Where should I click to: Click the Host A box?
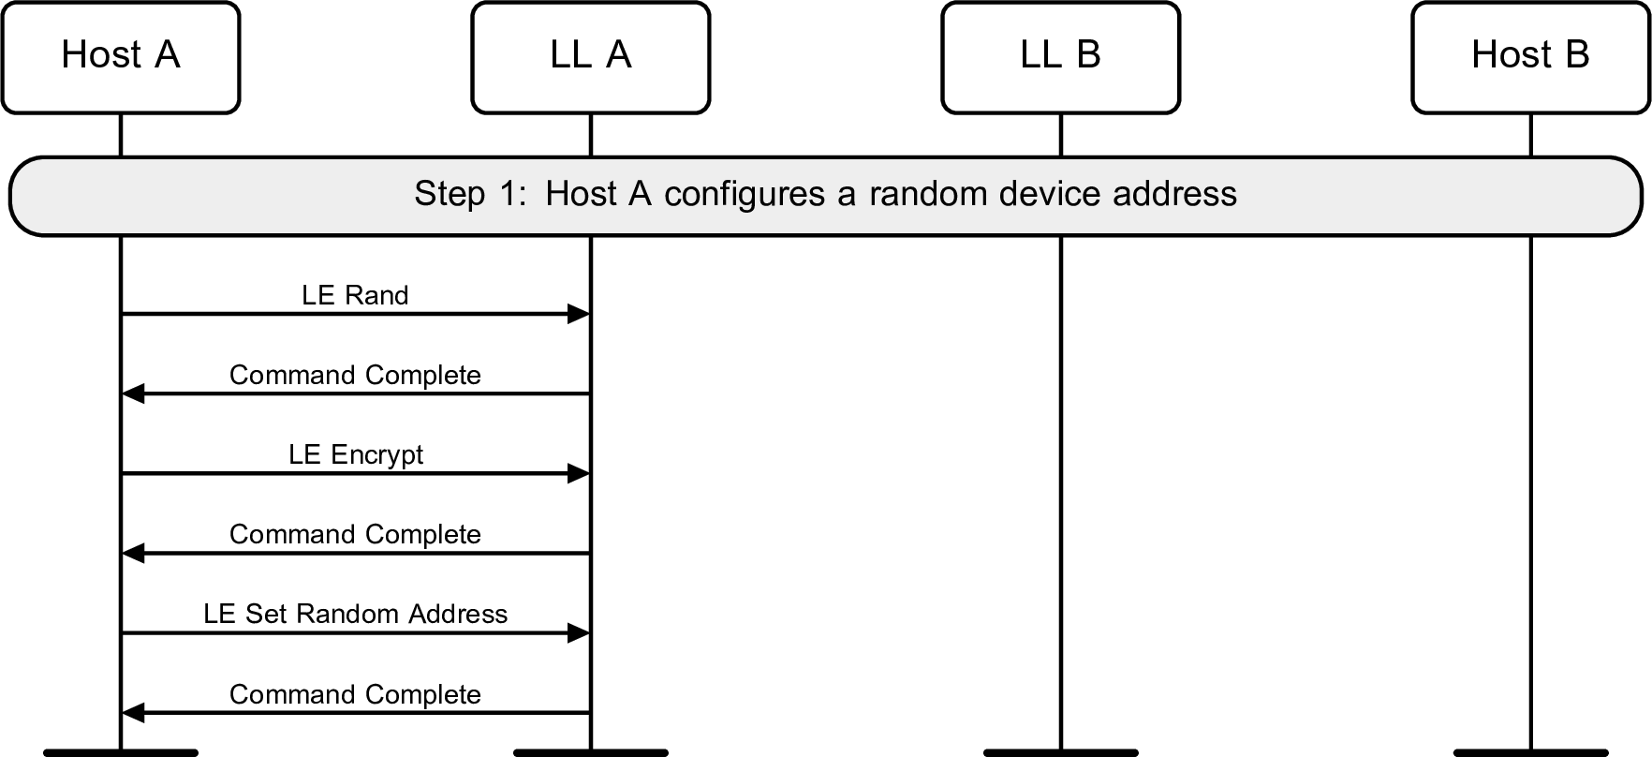[121, 57]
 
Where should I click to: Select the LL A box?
[591, 57]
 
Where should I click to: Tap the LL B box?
[1060, 57]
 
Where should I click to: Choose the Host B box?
[1530, 57]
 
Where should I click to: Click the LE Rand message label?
[355, 295]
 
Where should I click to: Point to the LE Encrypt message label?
[355, 455]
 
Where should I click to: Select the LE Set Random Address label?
[355, 615]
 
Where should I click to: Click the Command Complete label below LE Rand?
[355, 375]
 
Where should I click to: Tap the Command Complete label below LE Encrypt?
[355, 535]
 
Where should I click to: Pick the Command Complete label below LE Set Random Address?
[355, 694]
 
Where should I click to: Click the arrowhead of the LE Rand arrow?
[579, 315]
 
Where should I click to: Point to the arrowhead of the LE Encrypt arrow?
[579, 474]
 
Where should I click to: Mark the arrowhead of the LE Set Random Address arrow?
[579, 634]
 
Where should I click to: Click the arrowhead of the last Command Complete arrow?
[134, 714]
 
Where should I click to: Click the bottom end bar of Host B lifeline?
[1530, 751]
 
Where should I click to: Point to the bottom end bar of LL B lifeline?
[1060, 751]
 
